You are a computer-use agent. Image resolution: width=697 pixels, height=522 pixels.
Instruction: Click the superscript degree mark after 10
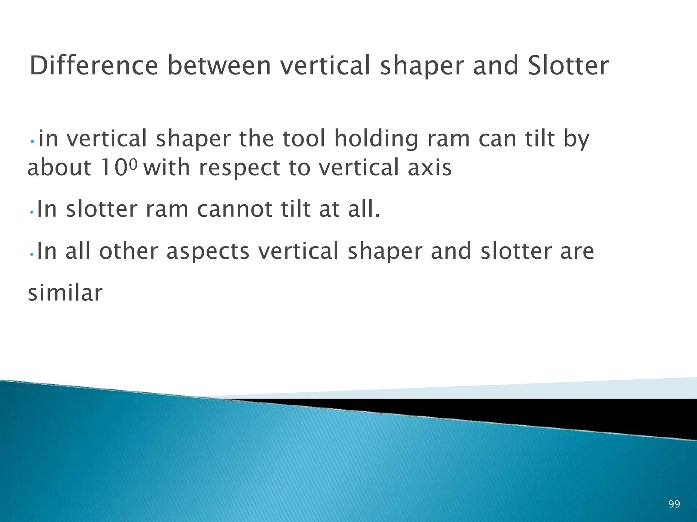[x=134, y=164]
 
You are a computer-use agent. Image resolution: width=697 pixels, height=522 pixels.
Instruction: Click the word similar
[x=65, y=293]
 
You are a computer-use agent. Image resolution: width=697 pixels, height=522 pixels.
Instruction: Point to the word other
[x=129, y=251]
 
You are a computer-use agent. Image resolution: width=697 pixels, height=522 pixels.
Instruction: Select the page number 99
[x=674, y=504]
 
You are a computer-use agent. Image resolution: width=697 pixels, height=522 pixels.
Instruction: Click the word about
[x=59, y=168]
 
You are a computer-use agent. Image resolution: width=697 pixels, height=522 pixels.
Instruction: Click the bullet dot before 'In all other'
[x=31, y=255]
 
